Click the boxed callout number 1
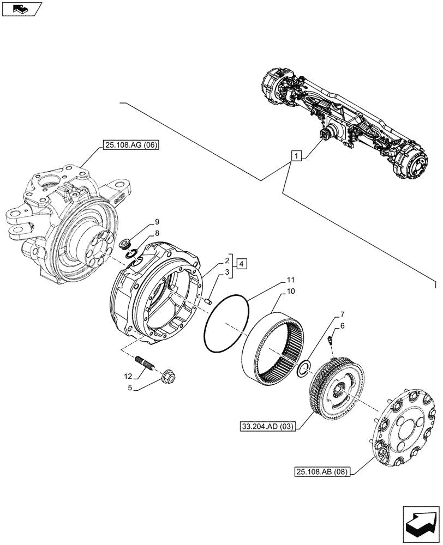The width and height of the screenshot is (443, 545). pos(295,157)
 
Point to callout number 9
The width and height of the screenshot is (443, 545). pos(157,222)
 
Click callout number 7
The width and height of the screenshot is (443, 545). pos(342,314)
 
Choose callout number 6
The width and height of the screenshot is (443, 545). pos(342,325)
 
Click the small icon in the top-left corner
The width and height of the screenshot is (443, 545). pos(21,8)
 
